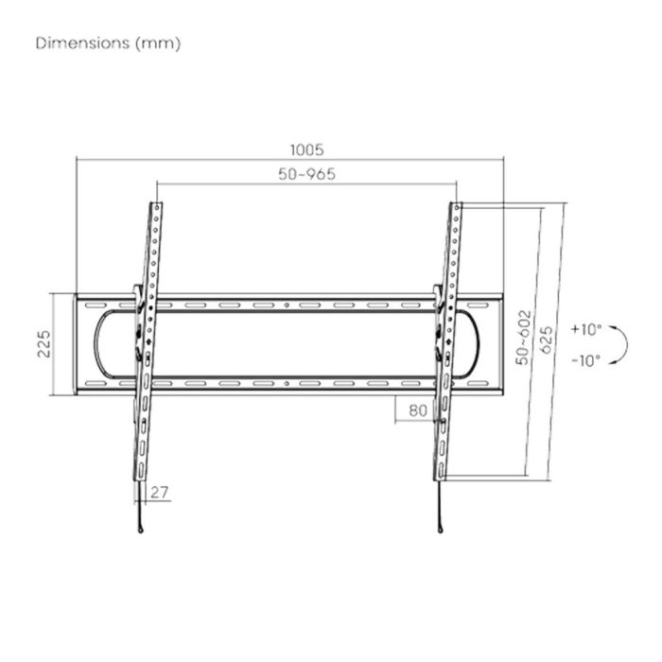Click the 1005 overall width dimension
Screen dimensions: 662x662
(x=307, y=149)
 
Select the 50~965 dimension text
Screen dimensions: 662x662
(x=307, y=174)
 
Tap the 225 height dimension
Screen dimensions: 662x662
(x=44, y=344)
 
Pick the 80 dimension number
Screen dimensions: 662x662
(x=417, y=410)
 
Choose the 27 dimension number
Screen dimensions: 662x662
(x=158, y=493)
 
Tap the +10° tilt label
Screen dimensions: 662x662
(x=586, y=330)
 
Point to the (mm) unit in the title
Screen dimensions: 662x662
(x=158, y=44)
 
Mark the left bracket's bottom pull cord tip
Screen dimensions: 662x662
(x=139, y=531)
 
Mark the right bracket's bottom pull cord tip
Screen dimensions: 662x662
(x=441, y=531)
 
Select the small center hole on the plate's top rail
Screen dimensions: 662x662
(x=287, y=305)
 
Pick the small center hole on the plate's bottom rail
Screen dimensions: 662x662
(x=287, y=384)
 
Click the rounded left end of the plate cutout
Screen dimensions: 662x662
(x=96, y=344)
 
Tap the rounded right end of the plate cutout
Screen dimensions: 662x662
(x=479, y=344)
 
